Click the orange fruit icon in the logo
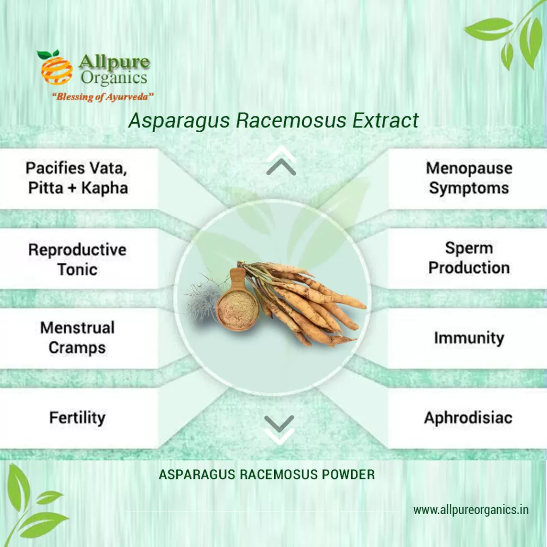(x=56, y=69)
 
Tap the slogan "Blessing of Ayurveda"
(x=102, y=97)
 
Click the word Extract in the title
(x=385, y=121)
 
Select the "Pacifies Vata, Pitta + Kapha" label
(x=78, y=178)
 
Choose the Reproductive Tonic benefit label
(x=78, y=259)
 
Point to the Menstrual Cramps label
(x=78, y=338)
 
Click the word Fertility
(x=78, y=417)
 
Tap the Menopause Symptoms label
(x=469, y=178)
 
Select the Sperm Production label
(x=469, y=258)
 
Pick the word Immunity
(x=469, y=338)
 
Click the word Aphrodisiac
(x=468, y=417)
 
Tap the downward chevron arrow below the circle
(x=279, y=430)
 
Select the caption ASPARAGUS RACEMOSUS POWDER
(x=267, y=474)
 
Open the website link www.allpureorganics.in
(x=471, y=510)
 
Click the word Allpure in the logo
(x=114, y=62)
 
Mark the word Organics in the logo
(x=114, y=78)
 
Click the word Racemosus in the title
(x=292, y=121)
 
